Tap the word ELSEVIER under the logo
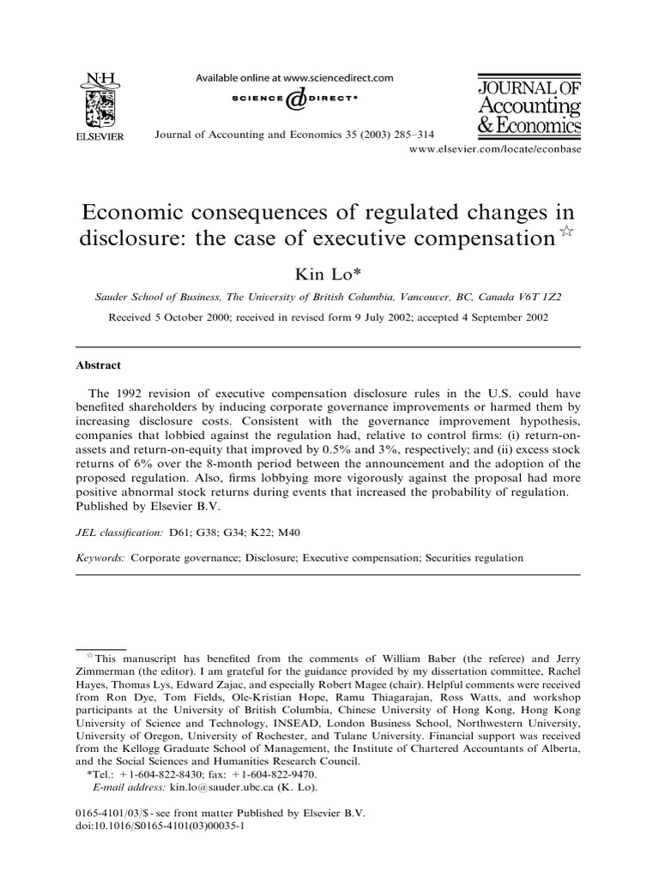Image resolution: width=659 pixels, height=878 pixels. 106,136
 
